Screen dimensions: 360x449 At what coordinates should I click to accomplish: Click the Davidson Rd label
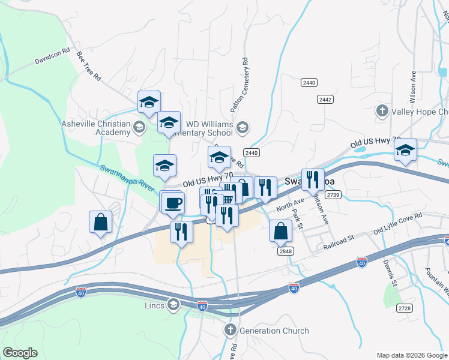point(52,58)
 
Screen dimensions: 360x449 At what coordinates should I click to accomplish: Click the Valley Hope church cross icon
point(382,111)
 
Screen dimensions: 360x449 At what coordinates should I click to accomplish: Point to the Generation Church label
point(273,331)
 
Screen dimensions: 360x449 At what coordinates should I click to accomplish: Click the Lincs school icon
point(174,305)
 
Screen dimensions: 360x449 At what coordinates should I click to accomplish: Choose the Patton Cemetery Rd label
point(240,86)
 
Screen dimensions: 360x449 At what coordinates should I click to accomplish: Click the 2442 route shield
point(325,99)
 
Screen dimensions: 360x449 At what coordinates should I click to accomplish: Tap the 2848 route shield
point(286,251)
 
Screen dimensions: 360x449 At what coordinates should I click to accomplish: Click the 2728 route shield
point(405,308)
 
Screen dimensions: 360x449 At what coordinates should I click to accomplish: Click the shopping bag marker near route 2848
point(280,230)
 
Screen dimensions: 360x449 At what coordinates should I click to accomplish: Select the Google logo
point(20,353)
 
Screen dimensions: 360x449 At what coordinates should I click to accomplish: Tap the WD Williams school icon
point(242,126)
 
